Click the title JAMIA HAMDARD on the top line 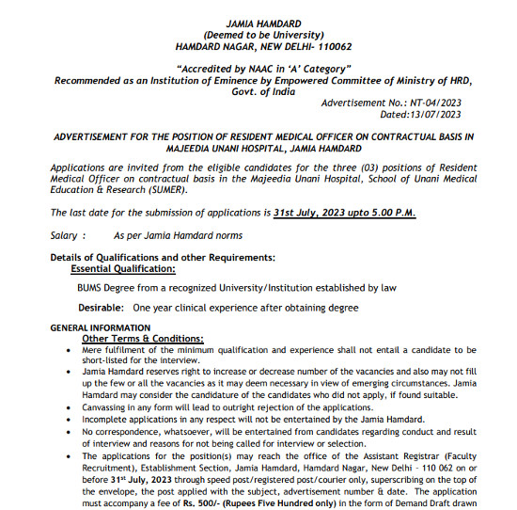[x=258, y=21]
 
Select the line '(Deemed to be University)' [x=258, y=33]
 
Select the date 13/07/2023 [x=433, y=114]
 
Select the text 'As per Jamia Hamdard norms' [x=178, y=235]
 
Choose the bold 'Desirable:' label [x=102, y=308]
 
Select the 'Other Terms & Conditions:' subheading [x=143, y=338]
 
